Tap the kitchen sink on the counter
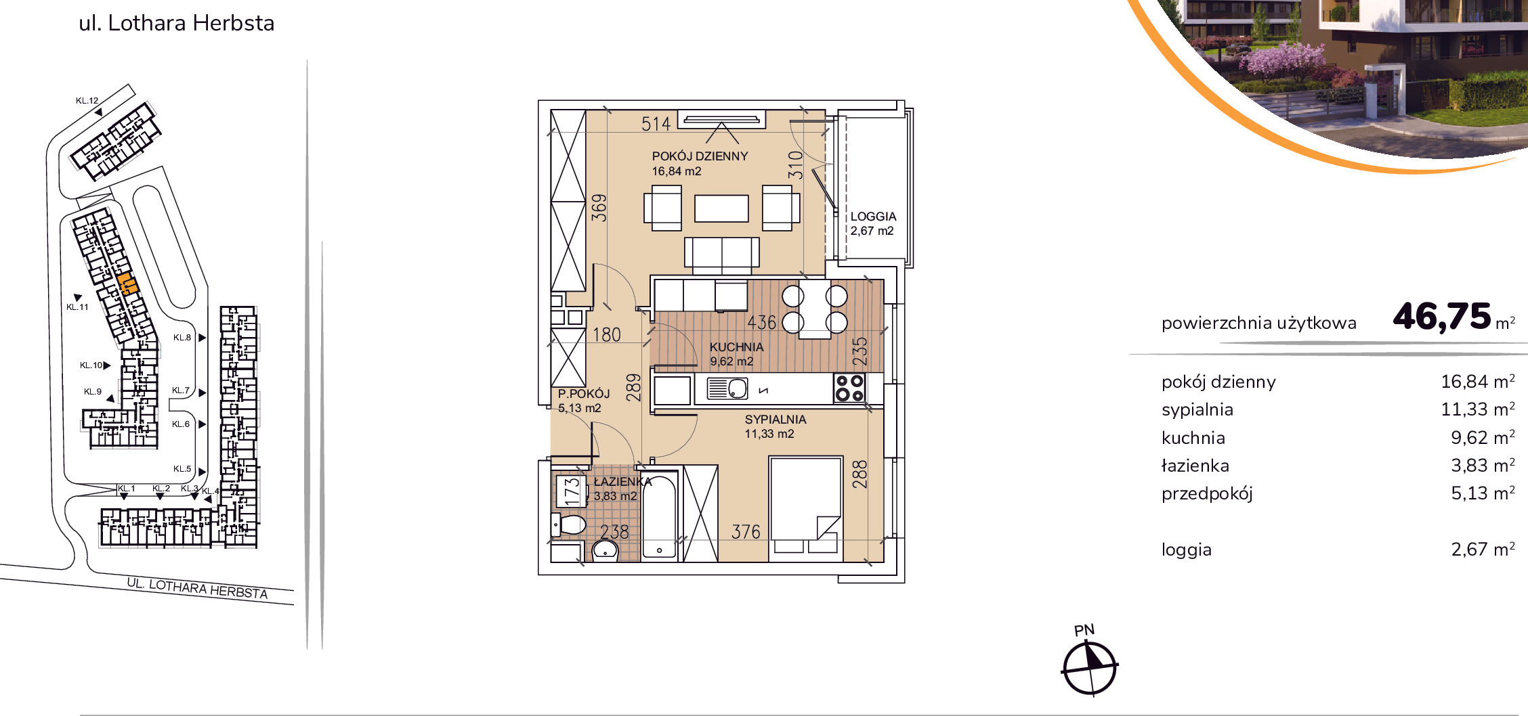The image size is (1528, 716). pyautogui.click(x=727, y=388)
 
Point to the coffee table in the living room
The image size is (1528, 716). pyautogui.click(x=721, y=208)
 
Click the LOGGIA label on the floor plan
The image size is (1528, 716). pyautogui.click(x=873, y=217)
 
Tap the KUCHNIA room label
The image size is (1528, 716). pyautogui.click(x=736, y=347)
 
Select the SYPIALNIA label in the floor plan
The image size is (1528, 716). pyautogui.click(x=776, y=420)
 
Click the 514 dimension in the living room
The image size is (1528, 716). pyautogui.click(x=656, y=124)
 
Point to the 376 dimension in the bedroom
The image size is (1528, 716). pyautogui.click(x=746, y=533)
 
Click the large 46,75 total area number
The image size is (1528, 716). pyautogui.click(x=1442, y=316)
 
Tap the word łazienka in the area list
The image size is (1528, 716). pyautogui.click(x=1195, y=466)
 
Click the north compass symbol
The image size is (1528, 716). pyautogui.click(x=1089, y=668)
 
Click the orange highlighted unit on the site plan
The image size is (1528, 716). pyautogui.click(x=127, y=284)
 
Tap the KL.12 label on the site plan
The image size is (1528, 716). pyautogui.click(x=87, y=101)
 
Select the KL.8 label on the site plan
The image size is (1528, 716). pyautogui.click(x=182, y=338)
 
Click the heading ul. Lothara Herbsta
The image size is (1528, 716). pyautogui.click(x=177, y=23)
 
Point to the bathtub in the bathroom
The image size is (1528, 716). pyautogui.click(x=660, y=516)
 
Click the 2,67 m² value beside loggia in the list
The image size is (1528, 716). pyautogui.click(x=1483, y=550)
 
